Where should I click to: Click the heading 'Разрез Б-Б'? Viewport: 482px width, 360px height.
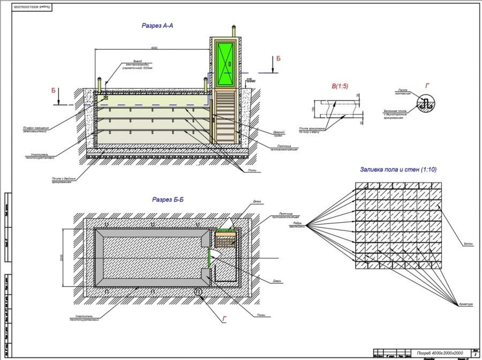168,199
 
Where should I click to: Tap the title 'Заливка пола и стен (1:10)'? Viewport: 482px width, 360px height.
398,170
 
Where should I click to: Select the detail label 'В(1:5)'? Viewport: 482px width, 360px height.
340,86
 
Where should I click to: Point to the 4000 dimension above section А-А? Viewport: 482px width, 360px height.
154,48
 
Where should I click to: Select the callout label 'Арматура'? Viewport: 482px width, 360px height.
465,305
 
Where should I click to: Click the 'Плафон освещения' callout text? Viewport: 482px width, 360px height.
36,129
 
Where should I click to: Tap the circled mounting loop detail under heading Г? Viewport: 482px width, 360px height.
426,104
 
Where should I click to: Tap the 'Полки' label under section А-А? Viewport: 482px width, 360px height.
251,171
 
